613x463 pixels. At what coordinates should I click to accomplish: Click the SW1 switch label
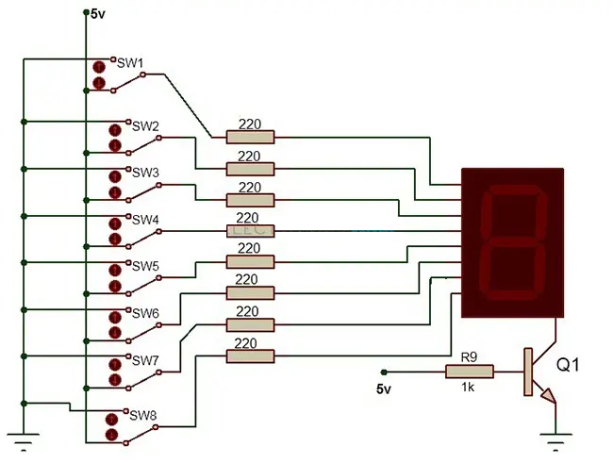(129, 61)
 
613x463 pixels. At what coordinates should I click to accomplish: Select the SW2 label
(145, 125)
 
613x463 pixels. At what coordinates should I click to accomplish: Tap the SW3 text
(145, 173)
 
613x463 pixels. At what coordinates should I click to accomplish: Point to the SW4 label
(145, 219)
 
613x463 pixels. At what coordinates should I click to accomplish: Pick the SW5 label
(145, 266)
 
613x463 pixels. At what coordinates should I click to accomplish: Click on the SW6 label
(145, 312)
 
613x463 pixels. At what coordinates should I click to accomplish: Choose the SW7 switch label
(145, 360)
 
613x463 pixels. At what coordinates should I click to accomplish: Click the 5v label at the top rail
(98, 14)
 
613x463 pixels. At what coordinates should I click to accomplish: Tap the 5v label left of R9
(384, 389)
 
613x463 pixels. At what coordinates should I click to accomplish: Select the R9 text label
(469, 357)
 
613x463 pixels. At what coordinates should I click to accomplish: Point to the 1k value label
(469, 388)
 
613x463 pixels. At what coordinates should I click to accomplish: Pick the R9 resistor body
(469, 372)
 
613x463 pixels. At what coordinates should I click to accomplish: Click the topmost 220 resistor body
(250, 138)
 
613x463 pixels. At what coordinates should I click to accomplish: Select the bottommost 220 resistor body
(250, 356)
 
